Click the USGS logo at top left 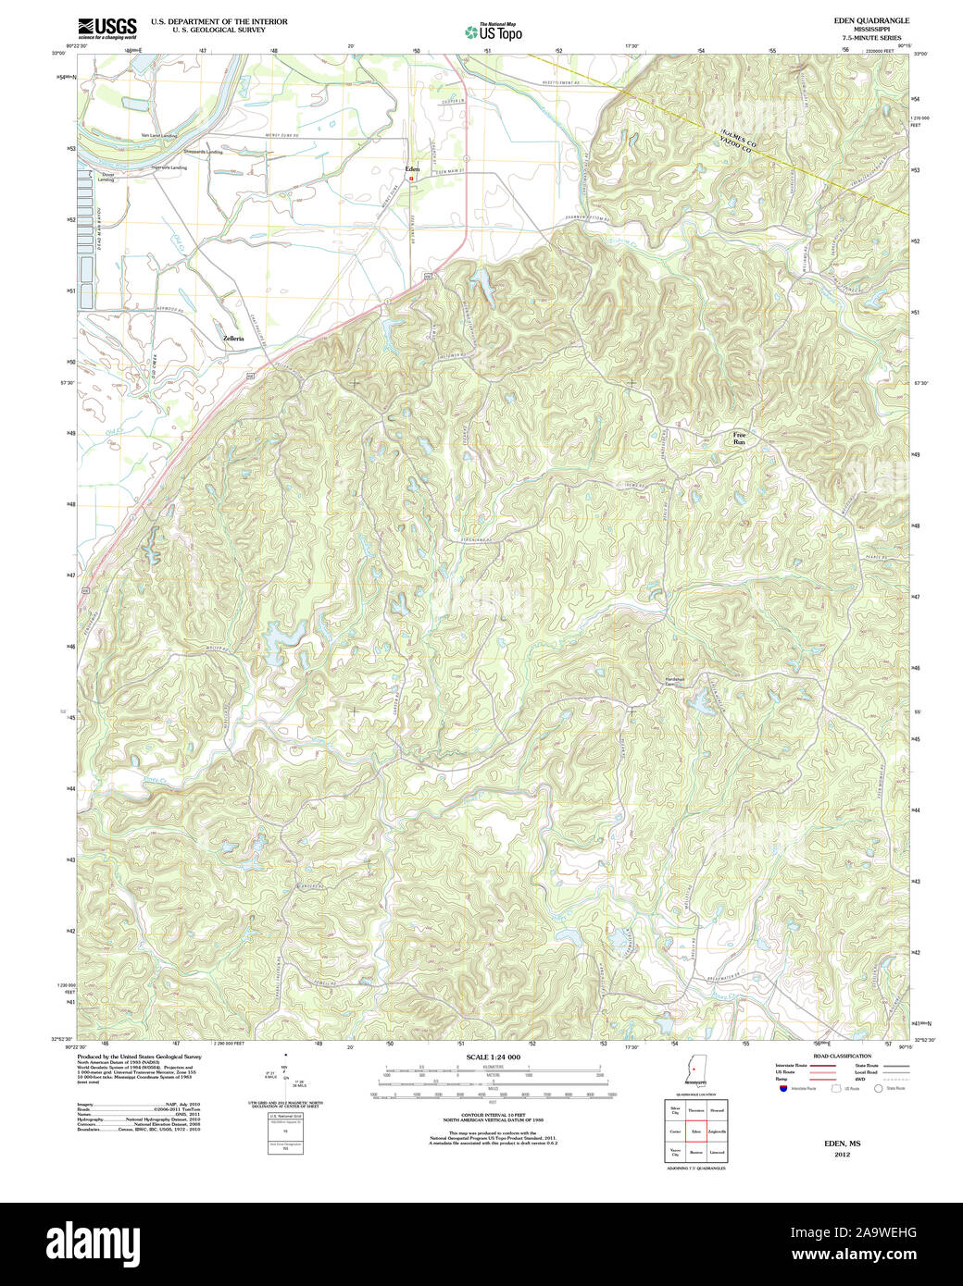(107, 28)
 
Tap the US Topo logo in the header (494, 32)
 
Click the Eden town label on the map (412, 169)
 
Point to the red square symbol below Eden (412, 179)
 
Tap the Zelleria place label (233, 339)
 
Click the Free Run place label (739, 439)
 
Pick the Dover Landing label (107, 177)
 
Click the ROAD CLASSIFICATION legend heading (842, 1056)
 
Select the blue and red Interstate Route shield (782, 1089)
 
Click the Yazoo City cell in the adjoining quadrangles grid (675, 1152)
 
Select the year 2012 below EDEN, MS (842, 1155)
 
